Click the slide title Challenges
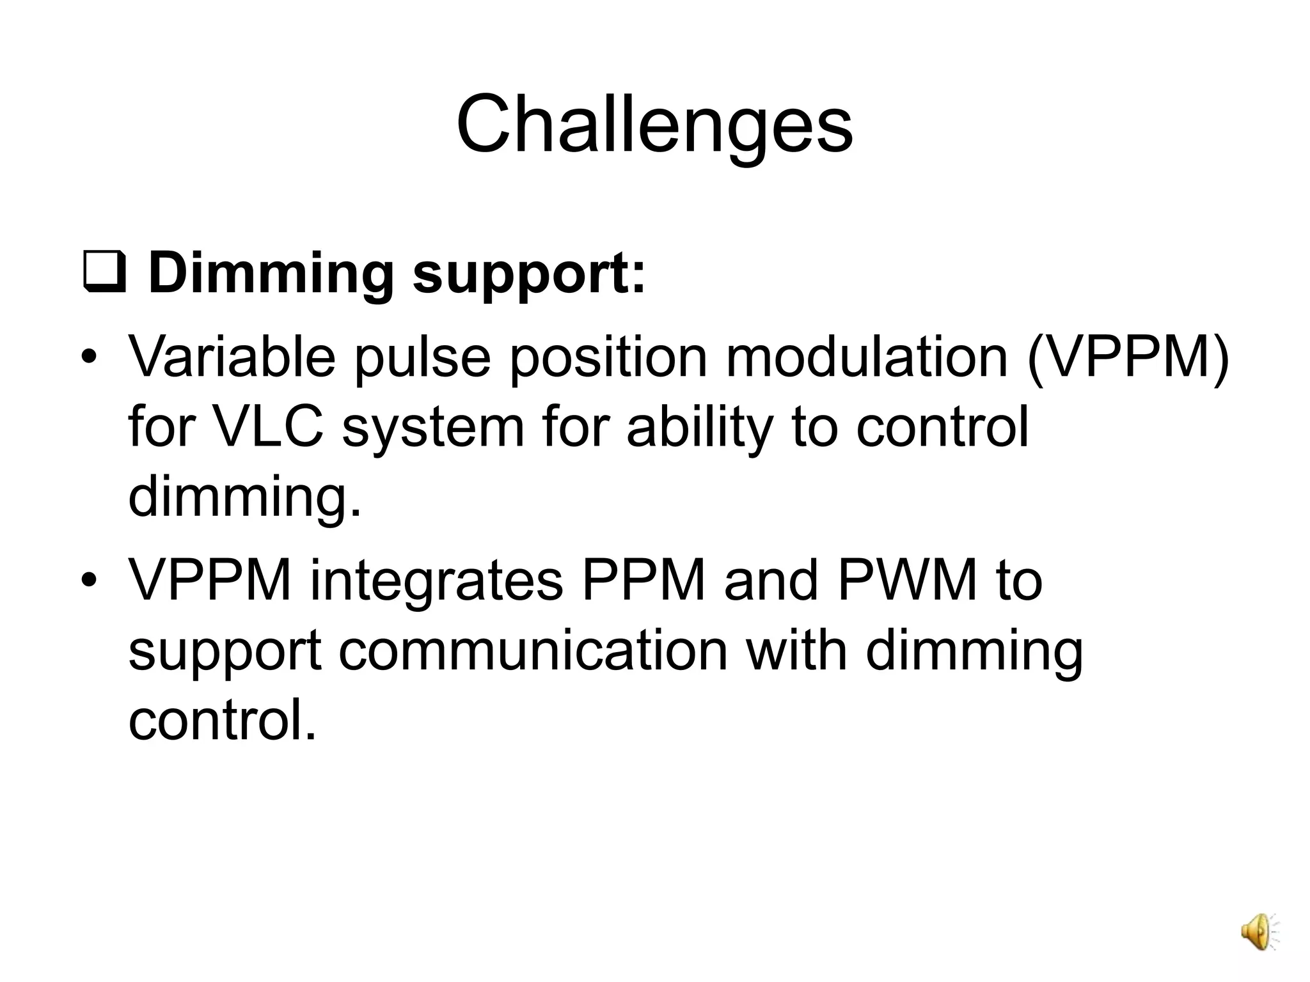tap(654, 124)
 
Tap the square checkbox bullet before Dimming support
tap(104, 274)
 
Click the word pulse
tap(422, 358)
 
